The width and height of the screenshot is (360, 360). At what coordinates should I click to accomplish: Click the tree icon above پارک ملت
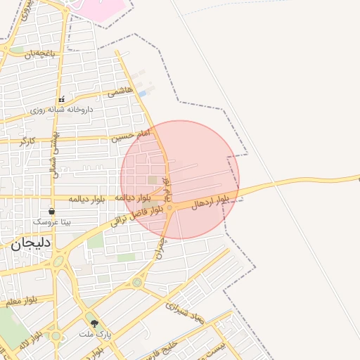pos(95,323)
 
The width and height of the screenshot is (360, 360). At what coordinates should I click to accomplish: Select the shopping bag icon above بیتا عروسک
pos(51,211)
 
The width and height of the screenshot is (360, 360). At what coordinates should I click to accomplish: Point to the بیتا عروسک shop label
pos(52,221)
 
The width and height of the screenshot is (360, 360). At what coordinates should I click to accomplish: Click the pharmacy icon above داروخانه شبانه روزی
pos(61,100)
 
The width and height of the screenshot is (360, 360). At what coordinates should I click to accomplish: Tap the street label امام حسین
pos(131,135)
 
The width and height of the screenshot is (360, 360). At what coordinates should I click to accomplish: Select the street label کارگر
pos(27,141)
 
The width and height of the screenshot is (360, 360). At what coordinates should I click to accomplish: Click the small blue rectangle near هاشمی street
pos(143,94)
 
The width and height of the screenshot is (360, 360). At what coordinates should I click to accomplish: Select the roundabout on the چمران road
pos(136,283)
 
